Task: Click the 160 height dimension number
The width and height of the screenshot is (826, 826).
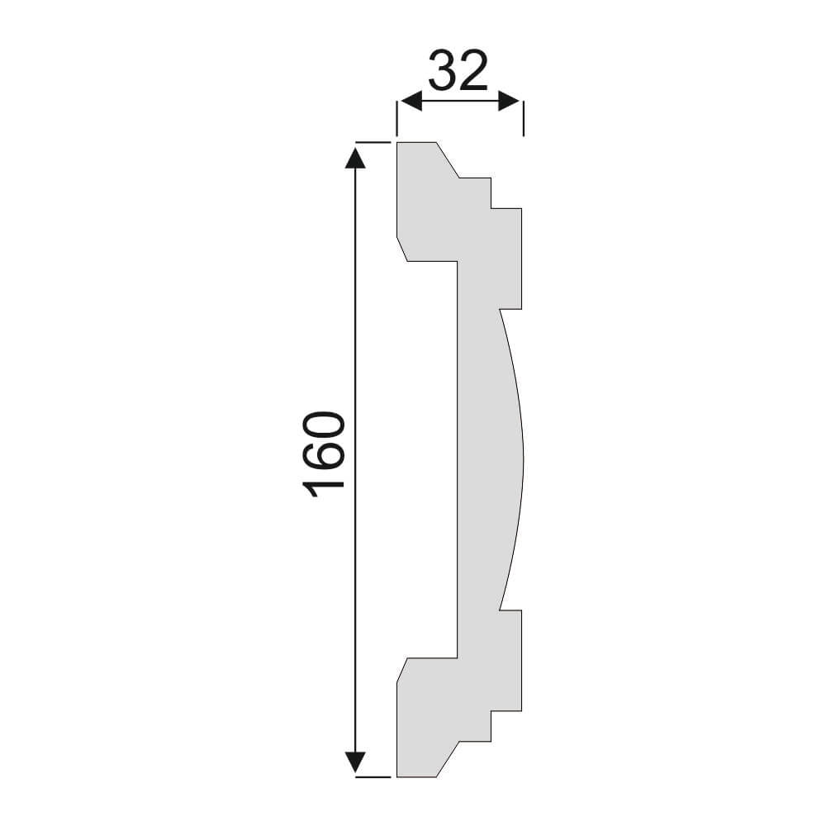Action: (324, 454)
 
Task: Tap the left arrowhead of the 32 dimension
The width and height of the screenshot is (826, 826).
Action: (411, 101)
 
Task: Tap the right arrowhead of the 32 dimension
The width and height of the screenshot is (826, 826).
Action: (510, 101)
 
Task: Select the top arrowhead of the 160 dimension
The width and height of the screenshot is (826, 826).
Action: (355, 158)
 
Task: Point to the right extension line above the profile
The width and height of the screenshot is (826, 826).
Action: (523, 118)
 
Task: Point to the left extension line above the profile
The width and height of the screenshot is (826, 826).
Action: (396, 118)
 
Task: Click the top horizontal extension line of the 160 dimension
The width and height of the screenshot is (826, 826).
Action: (373, 142)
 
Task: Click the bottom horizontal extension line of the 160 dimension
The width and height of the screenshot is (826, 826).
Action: (373, 777)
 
